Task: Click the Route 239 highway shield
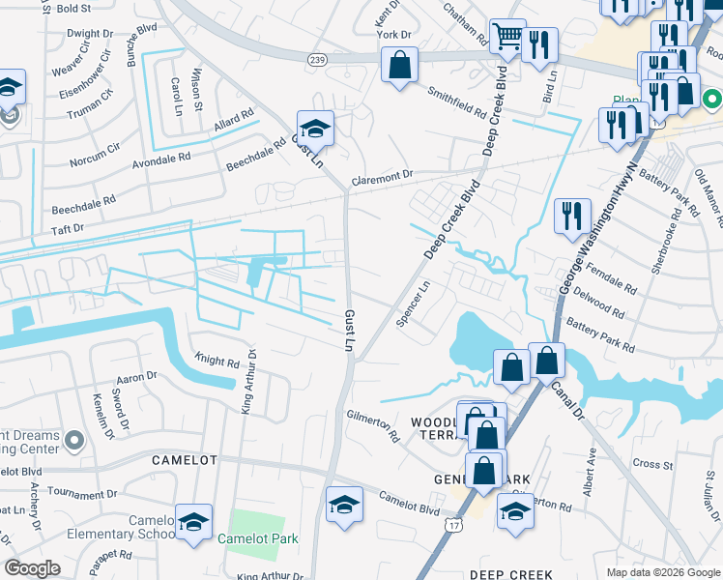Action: tap(317, 59)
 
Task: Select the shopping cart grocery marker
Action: tap(507, 37)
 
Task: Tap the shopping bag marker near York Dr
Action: tap(399, 67)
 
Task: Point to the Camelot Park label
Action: tap(257, 538)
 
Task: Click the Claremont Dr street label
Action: tap(382, 176)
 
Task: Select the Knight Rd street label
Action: tap(218, 362)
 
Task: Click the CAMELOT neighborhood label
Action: tap(182, 461)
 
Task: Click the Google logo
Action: tap(33, 568)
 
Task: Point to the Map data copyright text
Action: tap(662, 572)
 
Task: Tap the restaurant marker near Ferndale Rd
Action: tap(572, 216)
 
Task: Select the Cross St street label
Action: tap(652, 464)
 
